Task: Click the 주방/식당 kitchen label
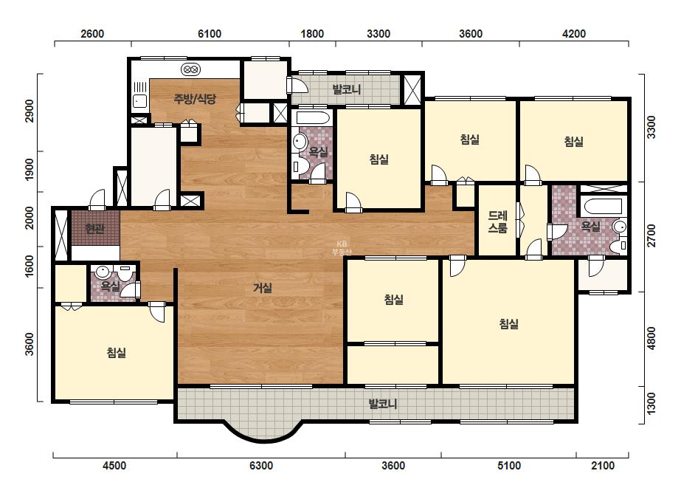click(x=195, y=99)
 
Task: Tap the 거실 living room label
click(x=263, y=288)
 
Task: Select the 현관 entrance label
click(x=94, y=228)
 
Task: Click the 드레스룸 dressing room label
click(x=498, y=221)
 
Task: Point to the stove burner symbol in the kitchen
click(x=190, y=69)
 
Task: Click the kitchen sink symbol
click(x=140, y=101)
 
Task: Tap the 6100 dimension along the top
click(x=210, y=34)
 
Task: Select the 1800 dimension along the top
click(x=312, y=34)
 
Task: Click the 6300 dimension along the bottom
click(x=261, y=466)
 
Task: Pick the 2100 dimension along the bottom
click(x=603, y=466)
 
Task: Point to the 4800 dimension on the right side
click(x=651, y=338)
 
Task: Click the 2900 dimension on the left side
click(x=30, y=111)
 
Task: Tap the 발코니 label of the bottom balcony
click(x=383, y=405)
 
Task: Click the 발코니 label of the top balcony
click(x=347, y=89)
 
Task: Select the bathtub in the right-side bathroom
click(x=603, y=206)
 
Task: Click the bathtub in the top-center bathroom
click(x=312, y=118)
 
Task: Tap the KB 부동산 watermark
click(x=342, y=248)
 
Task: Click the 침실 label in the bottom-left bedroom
click(x=117, y=353)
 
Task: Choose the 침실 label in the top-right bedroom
click(x=574, y=141)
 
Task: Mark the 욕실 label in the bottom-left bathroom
click(x=110, y=286)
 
